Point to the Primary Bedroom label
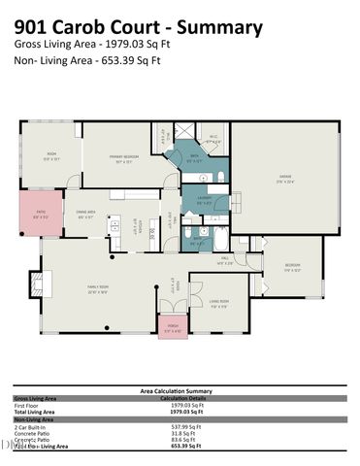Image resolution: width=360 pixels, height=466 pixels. (x=123, y=163)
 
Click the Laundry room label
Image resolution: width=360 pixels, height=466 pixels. (x=204, y=201)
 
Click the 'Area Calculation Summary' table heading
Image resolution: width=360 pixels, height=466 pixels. (x=179, y=390)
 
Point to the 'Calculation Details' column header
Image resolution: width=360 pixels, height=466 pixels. (x=182, y=398)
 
